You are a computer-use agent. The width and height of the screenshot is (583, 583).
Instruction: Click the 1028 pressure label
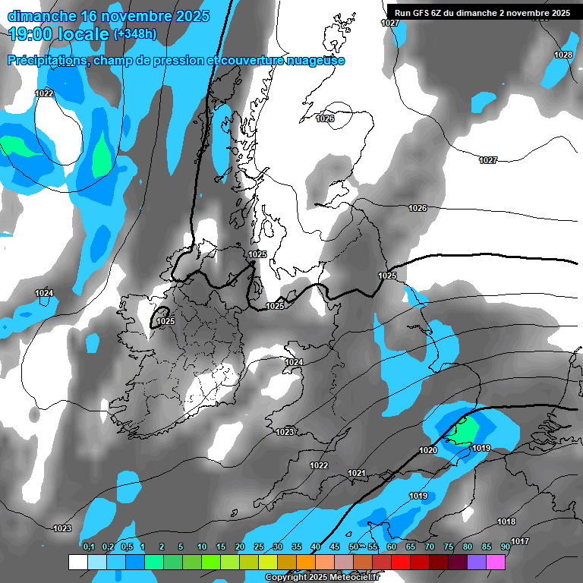click(563, 55)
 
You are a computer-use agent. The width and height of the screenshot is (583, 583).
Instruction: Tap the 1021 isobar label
click(357, 473)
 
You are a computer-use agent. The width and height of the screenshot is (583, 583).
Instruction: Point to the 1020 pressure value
click(428, 450)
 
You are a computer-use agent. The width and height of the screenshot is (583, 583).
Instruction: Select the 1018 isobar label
click(506, 522)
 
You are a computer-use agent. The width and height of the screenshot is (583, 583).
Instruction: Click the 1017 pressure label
click(520, 541)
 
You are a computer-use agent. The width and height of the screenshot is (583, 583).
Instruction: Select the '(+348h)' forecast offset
click(135, 34)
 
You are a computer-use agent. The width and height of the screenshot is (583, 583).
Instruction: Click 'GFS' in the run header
click(422, 12)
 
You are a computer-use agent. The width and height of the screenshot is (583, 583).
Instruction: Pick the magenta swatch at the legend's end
click(496, 562)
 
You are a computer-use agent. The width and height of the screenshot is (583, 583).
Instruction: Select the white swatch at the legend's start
click(77, 562)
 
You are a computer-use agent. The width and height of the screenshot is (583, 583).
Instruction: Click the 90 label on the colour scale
click(506, 547)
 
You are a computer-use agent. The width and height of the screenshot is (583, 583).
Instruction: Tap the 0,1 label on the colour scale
click(89, 547)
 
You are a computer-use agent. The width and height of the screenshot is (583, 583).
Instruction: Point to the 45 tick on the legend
click(335, 547)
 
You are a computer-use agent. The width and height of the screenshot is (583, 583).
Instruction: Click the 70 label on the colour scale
click(430, 547)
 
